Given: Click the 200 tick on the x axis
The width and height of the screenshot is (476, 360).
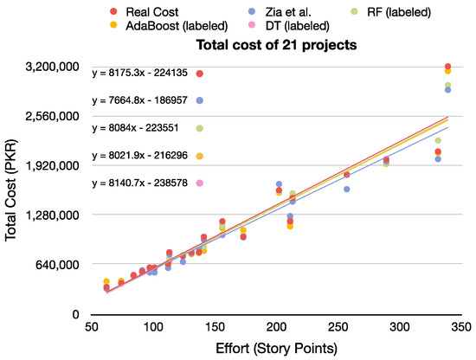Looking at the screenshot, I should (276, 329).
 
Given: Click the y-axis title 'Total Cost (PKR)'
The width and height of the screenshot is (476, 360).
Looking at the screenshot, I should (12, 190).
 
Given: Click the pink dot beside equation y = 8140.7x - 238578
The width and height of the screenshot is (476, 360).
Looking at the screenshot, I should (200, 183).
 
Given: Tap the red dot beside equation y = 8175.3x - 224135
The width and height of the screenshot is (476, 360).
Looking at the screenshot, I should (200, 74).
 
